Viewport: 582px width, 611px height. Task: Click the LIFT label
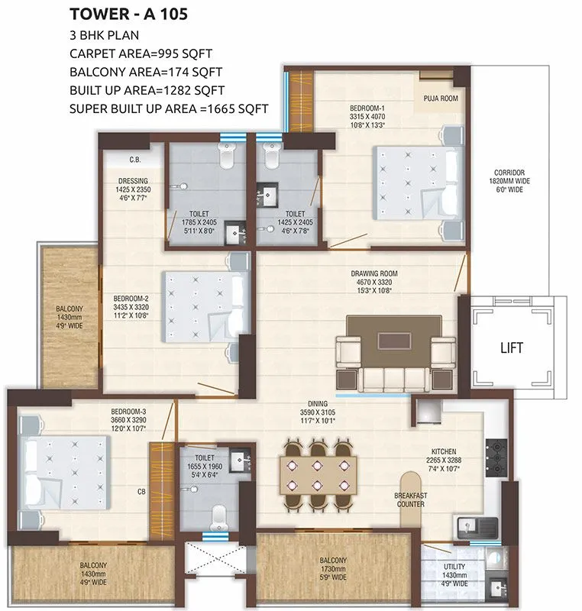(x=512, y=348)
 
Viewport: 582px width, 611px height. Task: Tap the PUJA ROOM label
(x=440, y=99)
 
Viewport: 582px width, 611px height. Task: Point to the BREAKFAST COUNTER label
(x=410, y=499)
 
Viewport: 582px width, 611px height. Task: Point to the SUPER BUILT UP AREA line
(x=169, y=108)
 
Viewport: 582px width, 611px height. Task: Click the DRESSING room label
(x=133, y=181)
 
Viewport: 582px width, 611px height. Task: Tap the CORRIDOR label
(x=510, y=172)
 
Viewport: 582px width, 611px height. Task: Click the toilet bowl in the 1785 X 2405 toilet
(x=228, y=159)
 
